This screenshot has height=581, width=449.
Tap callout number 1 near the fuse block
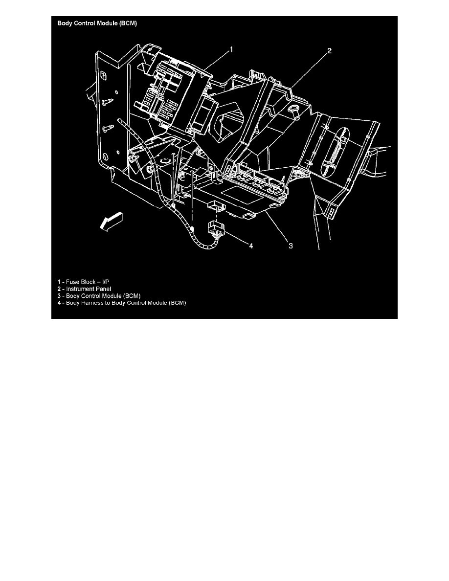click(x=231, y=49)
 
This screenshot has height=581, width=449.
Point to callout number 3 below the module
click(x=290, y=246)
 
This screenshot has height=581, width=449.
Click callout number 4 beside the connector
click(x=251, y=246)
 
